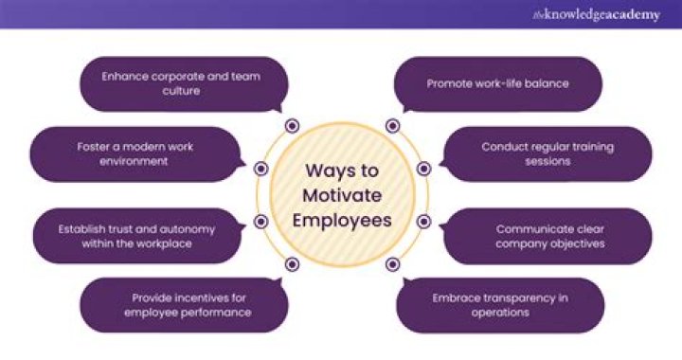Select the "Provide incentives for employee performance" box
click(179, 304)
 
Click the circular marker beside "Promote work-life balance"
click(391, 126)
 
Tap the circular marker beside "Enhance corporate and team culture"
click(292, 126)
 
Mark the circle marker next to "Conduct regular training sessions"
click(423, 169)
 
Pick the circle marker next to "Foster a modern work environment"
click(261, 169)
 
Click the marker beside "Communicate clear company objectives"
click(423, 222)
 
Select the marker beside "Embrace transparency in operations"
click(391, 264)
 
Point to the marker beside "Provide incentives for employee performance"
click(292, 264)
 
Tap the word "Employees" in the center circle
click(342, 221)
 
